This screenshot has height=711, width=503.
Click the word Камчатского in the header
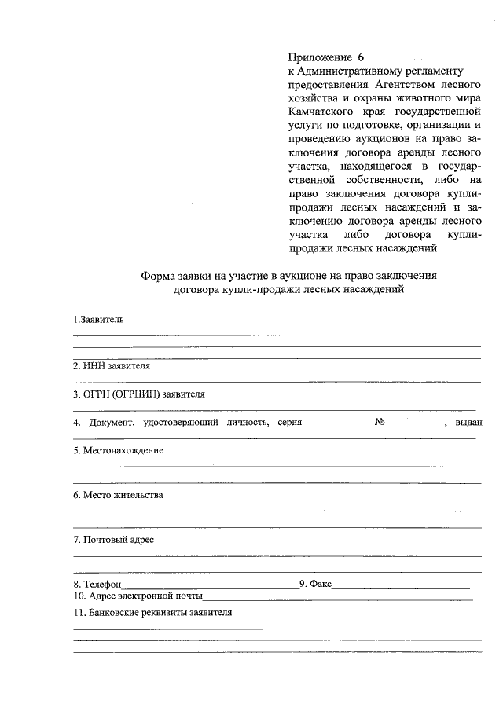[x=317, y=112]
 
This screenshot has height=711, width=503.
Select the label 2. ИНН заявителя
[x=112, y=366]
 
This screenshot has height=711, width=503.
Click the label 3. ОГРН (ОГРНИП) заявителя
[x=139, y=394]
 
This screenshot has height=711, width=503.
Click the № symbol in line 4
[x=380, y=423]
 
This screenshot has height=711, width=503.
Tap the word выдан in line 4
[x=468, y=423]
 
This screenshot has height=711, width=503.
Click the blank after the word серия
[x=338, y=424]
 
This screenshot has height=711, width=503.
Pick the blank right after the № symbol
[x=418, y=424]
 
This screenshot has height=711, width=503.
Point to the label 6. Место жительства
[x=118, y=496]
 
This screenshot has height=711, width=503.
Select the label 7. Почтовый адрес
[x=114, y=540]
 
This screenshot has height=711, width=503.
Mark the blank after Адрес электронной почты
[x=338, y=598]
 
